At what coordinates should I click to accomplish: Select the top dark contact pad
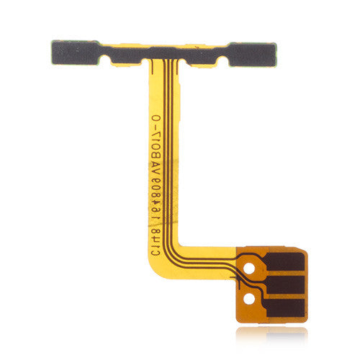(283, 261)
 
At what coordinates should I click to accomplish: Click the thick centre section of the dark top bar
(172, 53)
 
